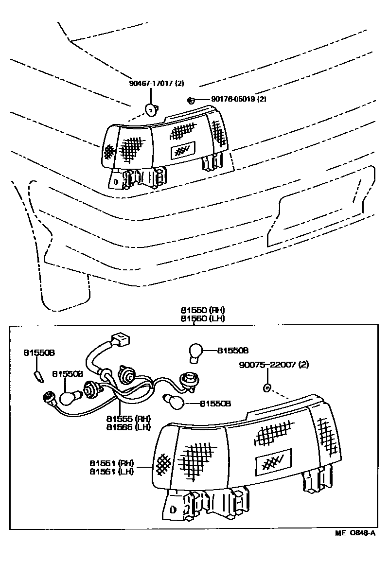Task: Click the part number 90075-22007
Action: (267, 364)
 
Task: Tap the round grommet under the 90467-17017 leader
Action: (152, 110)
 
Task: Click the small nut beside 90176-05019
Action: (191, 101)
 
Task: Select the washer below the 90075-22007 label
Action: (266, 388)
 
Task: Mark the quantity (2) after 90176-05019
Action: (262, 100)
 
